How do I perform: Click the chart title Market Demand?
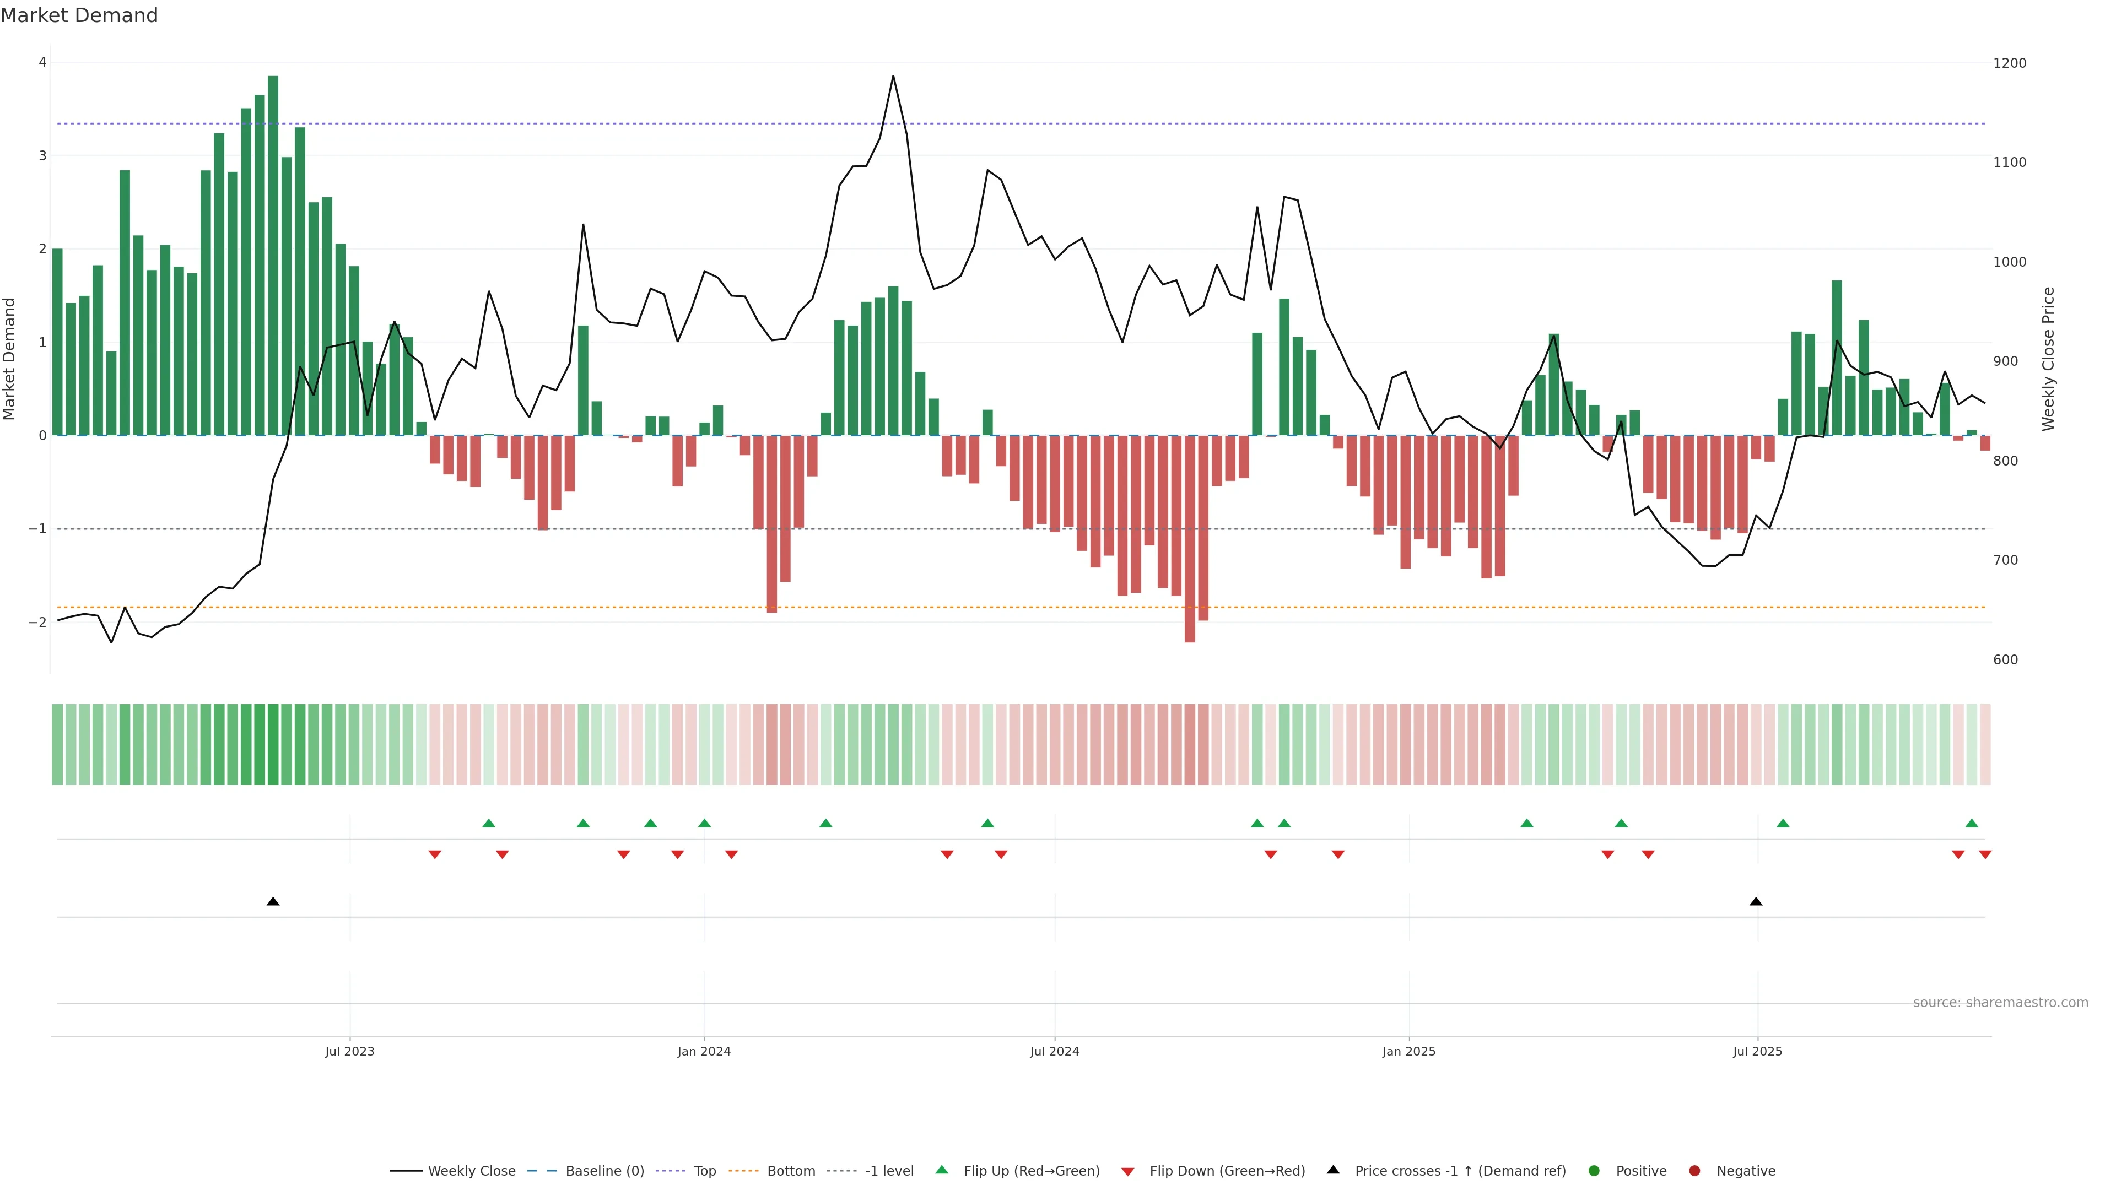(x=79, y=15)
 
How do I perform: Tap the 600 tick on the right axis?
(x=2005, y=659)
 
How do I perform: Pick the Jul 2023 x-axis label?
(x=349, y=1051)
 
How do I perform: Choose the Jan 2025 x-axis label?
(x=1409, y=1051)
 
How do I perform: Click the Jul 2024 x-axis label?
(x=1054, y=1051)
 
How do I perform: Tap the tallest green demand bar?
(x=273, y=255)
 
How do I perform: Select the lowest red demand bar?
(x=1190, y=538)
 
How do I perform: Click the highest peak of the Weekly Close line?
(x=893, y=77)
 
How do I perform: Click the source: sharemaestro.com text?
(x=2000, y=1003)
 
